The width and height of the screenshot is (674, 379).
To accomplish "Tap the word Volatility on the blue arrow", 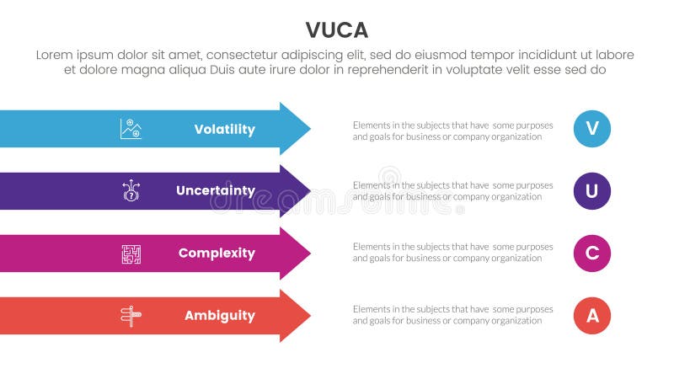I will click(224, 129).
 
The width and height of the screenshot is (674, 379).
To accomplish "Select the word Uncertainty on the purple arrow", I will click(215, 191).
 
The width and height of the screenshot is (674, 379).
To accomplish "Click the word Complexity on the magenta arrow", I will click(217, 253).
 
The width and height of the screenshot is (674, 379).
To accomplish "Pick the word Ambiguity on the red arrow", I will click(219, 315).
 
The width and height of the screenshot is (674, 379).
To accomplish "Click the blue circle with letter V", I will click(591, 129).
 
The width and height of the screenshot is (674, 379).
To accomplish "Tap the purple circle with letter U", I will click(591, 191).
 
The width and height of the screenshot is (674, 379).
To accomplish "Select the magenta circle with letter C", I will click(591, 253).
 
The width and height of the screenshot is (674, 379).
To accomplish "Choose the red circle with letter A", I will click(591, 315).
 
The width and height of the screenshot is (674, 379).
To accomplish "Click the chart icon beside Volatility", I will click(131, 129).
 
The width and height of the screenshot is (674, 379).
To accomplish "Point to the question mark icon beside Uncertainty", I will click(131, 191).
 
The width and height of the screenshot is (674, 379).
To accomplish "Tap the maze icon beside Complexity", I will click(131, 253).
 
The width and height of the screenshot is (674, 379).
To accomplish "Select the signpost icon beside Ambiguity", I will click(131, 315).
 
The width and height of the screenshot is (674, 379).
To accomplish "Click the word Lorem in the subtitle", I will click(56, 55).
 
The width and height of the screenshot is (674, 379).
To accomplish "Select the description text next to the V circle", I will click(452, 131).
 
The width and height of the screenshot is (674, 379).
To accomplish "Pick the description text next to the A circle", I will click(452, 315).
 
